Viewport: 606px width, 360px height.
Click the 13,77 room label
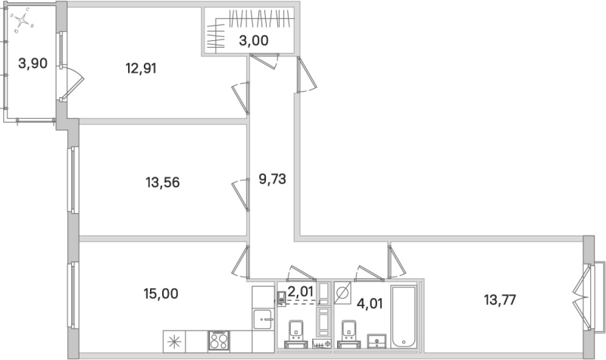tap(501, 299)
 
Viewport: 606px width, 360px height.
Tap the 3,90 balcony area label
tap(33, 64)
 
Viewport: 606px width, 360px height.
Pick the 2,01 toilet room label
tap(299, 290)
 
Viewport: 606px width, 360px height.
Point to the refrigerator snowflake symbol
tap(173, 340)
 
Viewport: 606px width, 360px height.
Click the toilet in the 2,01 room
tap(295, 330)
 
